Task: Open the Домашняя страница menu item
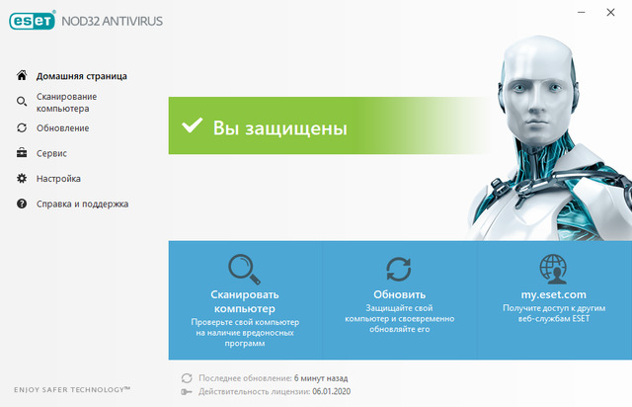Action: coord(81,76)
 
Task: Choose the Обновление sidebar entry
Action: coord(62,127)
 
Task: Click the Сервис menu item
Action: coord(51,153)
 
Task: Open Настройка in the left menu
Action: coord(58,179)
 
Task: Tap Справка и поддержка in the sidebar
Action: coord(82,204)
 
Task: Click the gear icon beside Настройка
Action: coord(22,179)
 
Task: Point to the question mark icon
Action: coord(22,204)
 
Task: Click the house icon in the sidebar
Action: coord(22,76)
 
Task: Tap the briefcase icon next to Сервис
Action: coord(22,153)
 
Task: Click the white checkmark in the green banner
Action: coord(190,127)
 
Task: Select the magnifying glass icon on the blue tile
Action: coord(244,269)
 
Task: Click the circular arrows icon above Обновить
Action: coord(399,269)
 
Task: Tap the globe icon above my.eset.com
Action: coord(553,269)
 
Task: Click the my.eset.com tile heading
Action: coord(553,294)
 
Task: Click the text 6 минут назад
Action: coord(321,378)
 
